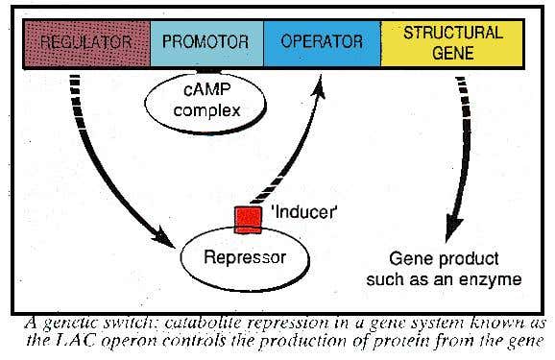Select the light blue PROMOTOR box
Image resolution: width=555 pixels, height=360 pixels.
pyautogui.click(x=205, y=42)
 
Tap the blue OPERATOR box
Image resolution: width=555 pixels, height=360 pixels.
pyautogui.click(x=321, y=42)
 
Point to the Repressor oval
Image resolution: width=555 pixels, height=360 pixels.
pyautogui.click(x=245, y=256)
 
